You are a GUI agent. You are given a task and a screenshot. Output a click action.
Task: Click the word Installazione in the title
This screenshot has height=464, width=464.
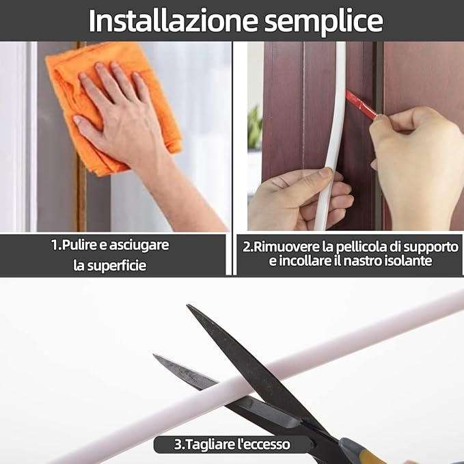point(173,21)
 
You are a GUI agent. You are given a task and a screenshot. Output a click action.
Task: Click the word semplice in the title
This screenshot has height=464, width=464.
point(323,22)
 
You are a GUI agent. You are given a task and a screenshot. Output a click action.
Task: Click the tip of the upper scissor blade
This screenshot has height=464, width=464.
point(187,305)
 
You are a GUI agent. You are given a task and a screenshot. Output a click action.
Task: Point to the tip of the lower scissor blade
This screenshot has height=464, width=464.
point(153,355)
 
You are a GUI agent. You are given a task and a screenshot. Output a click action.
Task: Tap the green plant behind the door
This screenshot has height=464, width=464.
point(255,128)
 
